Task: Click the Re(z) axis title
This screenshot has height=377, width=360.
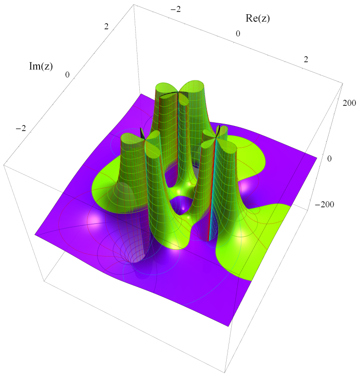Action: click(x=257, y=18)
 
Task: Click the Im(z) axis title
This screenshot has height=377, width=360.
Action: click(x=41, y=66)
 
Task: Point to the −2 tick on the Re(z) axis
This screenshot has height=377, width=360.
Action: click(x=176, y=9)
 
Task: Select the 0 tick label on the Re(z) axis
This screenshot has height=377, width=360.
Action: click(x=238, y=34)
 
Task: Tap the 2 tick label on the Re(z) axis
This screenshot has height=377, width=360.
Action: click(x=306, y=59)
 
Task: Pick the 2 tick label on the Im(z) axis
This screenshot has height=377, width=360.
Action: click(x=106, y=27)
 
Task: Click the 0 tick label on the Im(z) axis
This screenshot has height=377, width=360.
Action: click(x=67, y=75)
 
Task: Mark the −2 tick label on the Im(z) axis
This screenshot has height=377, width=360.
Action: click(x=21, y=128)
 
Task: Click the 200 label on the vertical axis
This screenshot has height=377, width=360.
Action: click(x=349, y=103)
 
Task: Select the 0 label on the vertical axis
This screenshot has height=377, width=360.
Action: click(x=330, y=159)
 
